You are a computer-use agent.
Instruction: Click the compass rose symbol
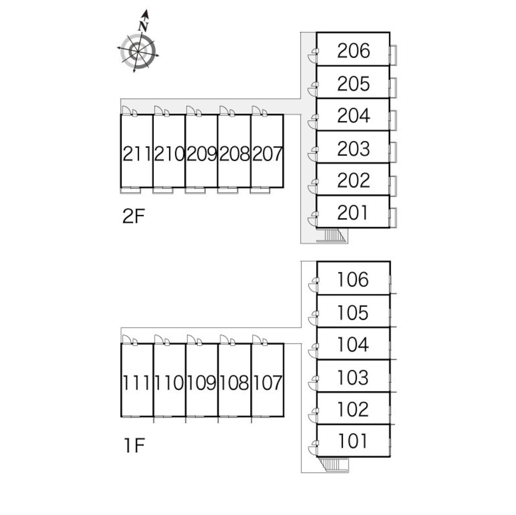point(138,51)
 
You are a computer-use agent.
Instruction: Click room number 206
point(353,50)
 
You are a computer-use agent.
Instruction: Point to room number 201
point(353,212)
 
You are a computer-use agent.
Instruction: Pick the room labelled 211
point(137,153)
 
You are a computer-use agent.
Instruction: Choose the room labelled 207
point(267,153)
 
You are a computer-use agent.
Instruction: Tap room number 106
point(353,280)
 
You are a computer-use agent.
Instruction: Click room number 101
point(353,441)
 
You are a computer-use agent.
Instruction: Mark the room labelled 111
point(137,383)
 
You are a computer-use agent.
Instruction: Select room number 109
point(202,383)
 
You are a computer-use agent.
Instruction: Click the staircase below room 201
point(334,235)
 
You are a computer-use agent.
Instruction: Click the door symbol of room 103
point(313,382)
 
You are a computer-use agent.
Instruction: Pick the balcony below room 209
point(194,190)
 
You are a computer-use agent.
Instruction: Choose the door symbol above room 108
point(227,340)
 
